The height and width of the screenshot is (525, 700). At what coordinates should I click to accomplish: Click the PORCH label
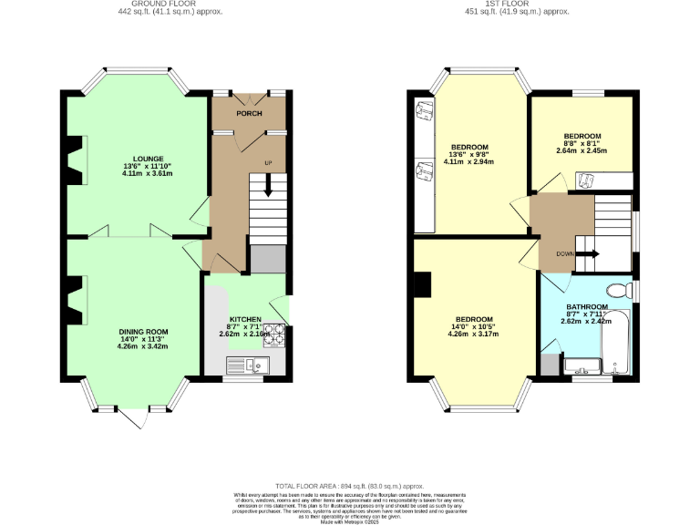coord(249,114)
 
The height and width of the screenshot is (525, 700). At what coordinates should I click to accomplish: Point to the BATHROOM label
coord(586,307)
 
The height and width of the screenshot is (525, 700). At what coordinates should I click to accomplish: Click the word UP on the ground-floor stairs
coord(268,163)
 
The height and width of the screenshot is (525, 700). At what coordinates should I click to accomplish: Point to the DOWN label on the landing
coord(564,254)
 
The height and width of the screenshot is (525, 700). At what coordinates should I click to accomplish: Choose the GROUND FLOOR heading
coord(170,4)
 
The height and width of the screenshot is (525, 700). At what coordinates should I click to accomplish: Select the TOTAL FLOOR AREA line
coord(350,488)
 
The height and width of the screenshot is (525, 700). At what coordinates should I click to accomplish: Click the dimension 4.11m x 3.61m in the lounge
coord(147,173)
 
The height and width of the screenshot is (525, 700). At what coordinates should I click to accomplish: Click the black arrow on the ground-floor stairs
coord(268,185)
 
